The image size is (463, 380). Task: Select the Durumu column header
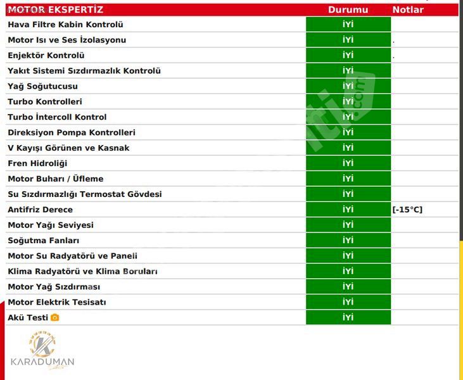click(348, 9)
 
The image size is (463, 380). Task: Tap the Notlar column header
click(408, 9)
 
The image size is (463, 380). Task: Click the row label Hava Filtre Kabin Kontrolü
click(65, 25)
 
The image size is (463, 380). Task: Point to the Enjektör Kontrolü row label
click(46, 56)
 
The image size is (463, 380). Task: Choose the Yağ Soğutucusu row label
click(42, 86)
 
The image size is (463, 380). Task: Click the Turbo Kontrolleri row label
click(44, 102)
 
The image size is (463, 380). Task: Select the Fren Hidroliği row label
click(37, 163)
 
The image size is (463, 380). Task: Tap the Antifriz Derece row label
click(40, 210)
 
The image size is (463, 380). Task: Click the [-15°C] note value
click(407, 210)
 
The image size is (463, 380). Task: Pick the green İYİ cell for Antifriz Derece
click(348, 210)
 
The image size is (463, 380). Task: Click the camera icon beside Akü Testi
click(55, 318)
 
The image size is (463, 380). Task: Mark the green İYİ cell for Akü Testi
click(348, 317)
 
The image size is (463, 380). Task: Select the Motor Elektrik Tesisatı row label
click(57, 302)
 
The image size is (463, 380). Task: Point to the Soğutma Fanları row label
click(43, 241)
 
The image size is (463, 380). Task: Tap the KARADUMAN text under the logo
click(42, 362)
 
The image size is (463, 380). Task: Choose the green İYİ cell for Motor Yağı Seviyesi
click(348, 225)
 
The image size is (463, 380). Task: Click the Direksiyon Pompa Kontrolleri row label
click(72, 132)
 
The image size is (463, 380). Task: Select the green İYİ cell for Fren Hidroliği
click(348, 163)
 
